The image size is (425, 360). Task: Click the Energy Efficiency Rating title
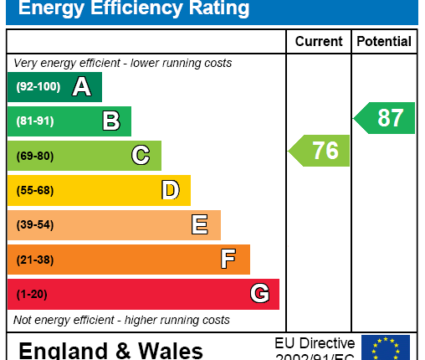coord(134,10)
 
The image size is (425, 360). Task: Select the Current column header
coord(319,41)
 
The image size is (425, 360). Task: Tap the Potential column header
coord(384,41)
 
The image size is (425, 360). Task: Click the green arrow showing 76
coord(320,151)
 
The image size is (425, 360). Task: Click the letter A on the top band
coord(81,86)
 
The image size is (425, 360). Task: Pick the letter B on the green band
coord(110,121)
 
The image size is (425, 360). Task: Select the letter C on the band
coord(141,156)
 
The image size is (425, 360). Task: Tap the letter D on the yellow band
coord(170,190)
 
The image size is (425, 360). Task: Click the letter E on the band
coord(200,224)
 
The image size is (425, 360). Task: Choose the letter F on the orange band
coord(228,260)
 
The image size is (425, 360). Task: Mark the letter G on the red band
coord(259,294)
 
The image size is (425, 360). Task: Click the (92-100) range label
coord(38,86)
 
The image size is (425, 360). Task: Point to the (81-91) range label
coord(34,121)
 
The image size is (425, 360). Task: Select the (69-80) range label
coord(34,156)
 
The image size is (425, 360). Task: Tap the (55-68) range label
coord(34,190)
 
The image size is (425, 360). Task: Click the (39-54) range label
coord(34,224)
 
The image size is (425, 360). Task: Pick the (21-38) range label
coord(34,260)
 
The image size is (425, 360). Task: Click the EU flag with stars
coord(386,347)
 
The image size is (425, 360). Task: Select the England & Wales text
coord(110,350)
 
